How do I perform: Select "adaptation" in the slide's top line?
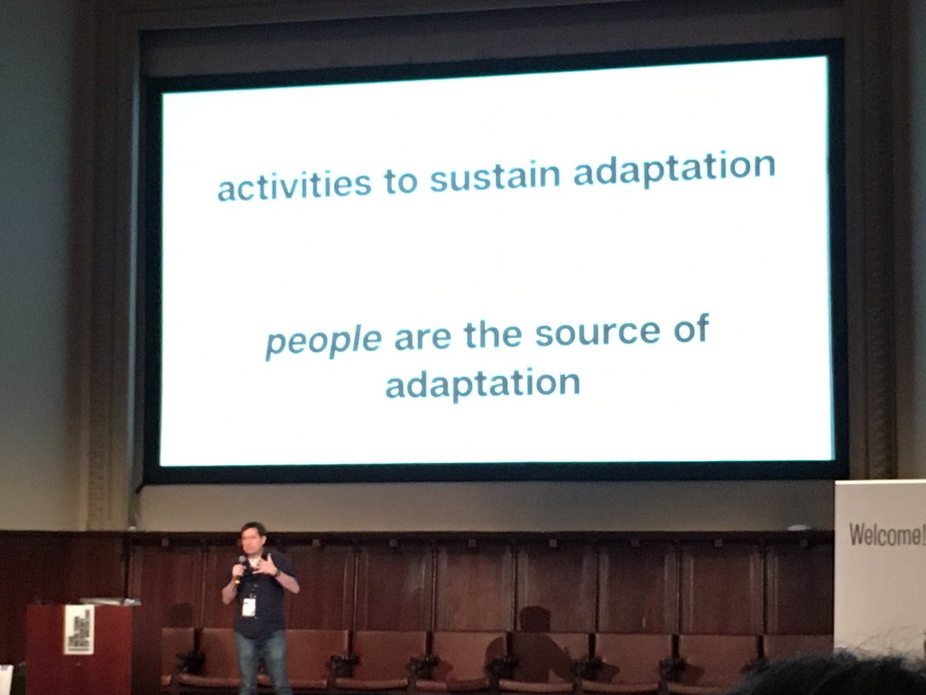(674, 168)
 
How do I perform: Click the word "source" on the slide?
(598, 333)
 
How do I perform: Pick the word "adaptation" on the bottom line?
(482, 382)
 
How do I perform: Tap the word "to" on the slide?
(400, 182)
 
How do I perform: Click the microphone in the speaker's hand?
(241, 564)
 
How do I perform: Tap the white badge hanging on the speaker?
(248, 606)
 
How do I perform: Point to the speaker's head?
(253, 536)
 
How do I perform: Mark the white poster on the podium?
(79, 629)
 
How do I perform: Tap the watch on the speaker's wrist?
(275, 573)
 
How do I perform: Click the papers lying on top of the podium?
(108, 601)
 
